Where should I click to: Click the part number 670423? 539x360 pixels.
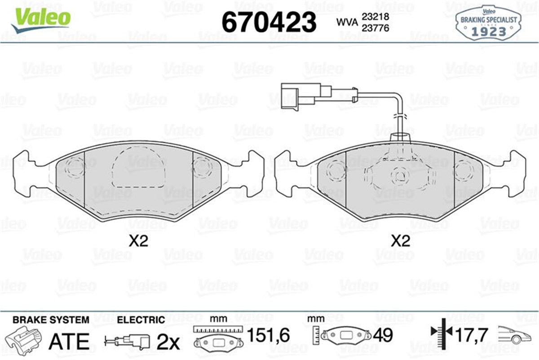click(x=269, y=22)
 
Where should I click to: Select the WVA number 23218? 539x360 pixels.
click(x=376, y=17)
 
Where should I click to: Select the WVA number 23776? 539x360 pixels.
click(x=376, y=28)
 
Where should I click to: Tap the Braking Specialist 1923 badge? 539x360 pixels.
click(x=488, y=23)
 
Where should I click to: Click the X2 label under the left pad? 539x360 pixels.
click(x=138, y=241)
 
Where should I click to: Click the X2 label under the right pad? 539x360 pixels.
click(x=400, y=241)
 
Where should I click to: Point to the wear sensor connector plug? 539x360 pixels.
click(x=306, y=96)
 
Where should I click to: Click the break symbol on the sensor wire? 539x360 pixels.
click(x=400, y=116)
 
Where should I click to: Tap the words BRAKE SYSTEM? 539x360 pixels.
click(x=51, y=320)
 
